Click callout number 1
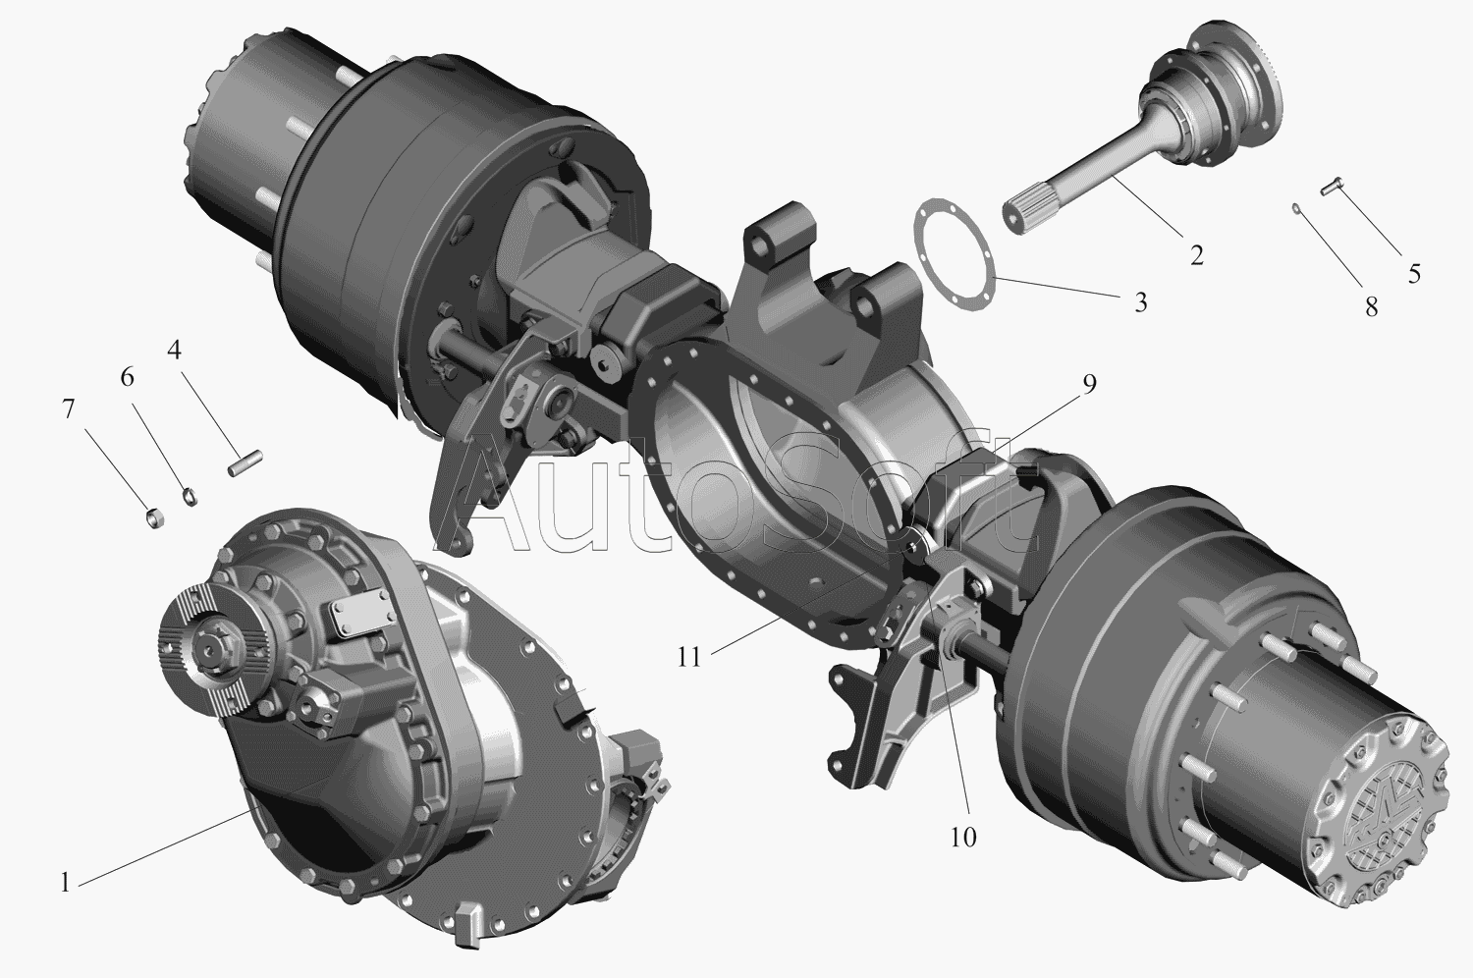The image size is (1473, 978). pos(65,883)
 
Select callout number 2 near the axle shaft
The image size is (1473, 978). pos(1197,255)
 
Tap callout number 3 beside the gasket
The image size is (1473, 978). pos(1141,301)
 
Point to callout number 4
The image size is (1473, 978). pos(174,350)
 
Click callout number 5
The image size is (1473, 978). pos(1414,273)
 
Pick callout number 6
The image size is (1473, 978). pos(127,377)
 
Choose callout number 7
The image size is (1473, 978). pos(68,408)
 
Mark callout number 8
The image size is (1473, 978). pos(1372,305)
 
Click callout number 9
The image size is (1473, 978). pos(1090,384)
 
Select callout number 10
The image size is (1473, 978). pos(962,838)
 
